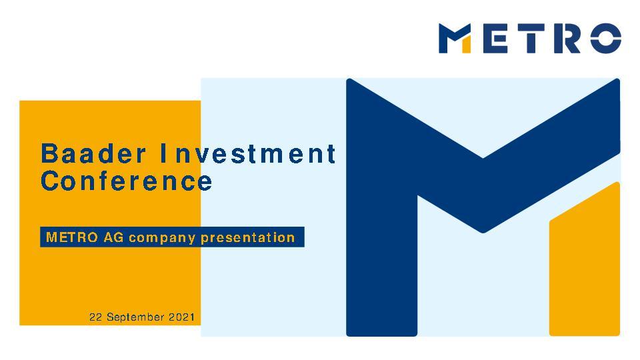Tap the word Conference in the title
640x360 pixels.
click(127, 181)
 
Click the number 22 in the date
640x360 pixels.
click(96, 317)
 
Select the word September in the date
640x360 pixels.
click(135, 317)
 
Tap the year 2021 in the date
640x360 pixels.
click(181, 317)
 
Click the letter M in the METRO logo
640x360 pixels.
click(456, 39)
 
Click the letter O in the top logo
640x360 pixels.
click(606, 39)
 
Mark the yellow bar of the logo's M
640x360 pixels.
click(467, 44)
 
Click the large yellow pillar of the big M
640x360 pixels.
click(585, 267)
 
